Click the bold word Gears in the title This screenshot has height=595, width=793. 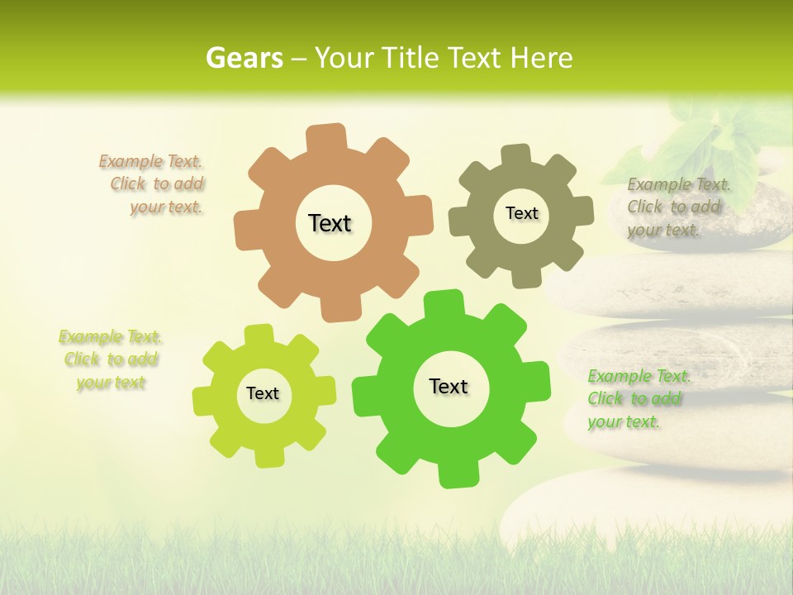coord(245,58)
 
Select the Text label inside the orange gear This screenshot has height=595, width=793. coord(330,223)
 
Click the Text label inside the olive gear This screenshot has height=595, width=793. coord(521,213)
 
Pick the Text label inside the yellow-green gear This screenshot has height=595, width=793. coord(263,393)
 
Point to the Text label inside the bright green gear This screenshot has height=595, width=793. coord(449,386)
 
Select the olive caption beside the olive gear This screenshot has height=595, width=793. coord(677,207)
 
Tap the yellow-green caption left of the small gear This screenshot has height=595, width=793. coord(110,359)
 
